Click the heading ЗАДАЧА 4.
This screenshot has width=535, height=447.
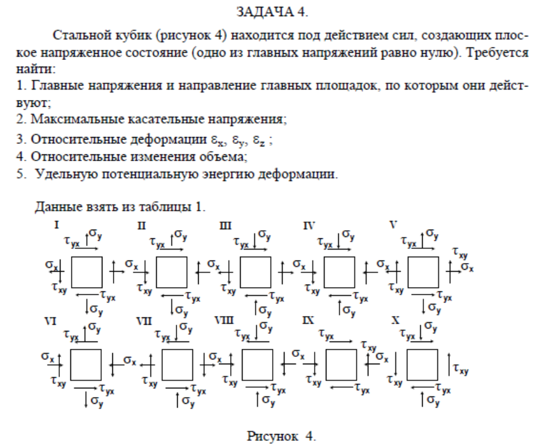[268, 11]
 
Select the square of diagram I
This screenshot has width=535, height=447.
[88, 270]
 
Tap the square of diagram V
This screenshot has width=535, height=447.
[423, 270]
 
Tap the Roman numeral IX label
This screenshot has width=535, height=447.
[309, 321]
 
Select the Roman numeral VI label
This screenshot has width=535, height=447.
[50, 320]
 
